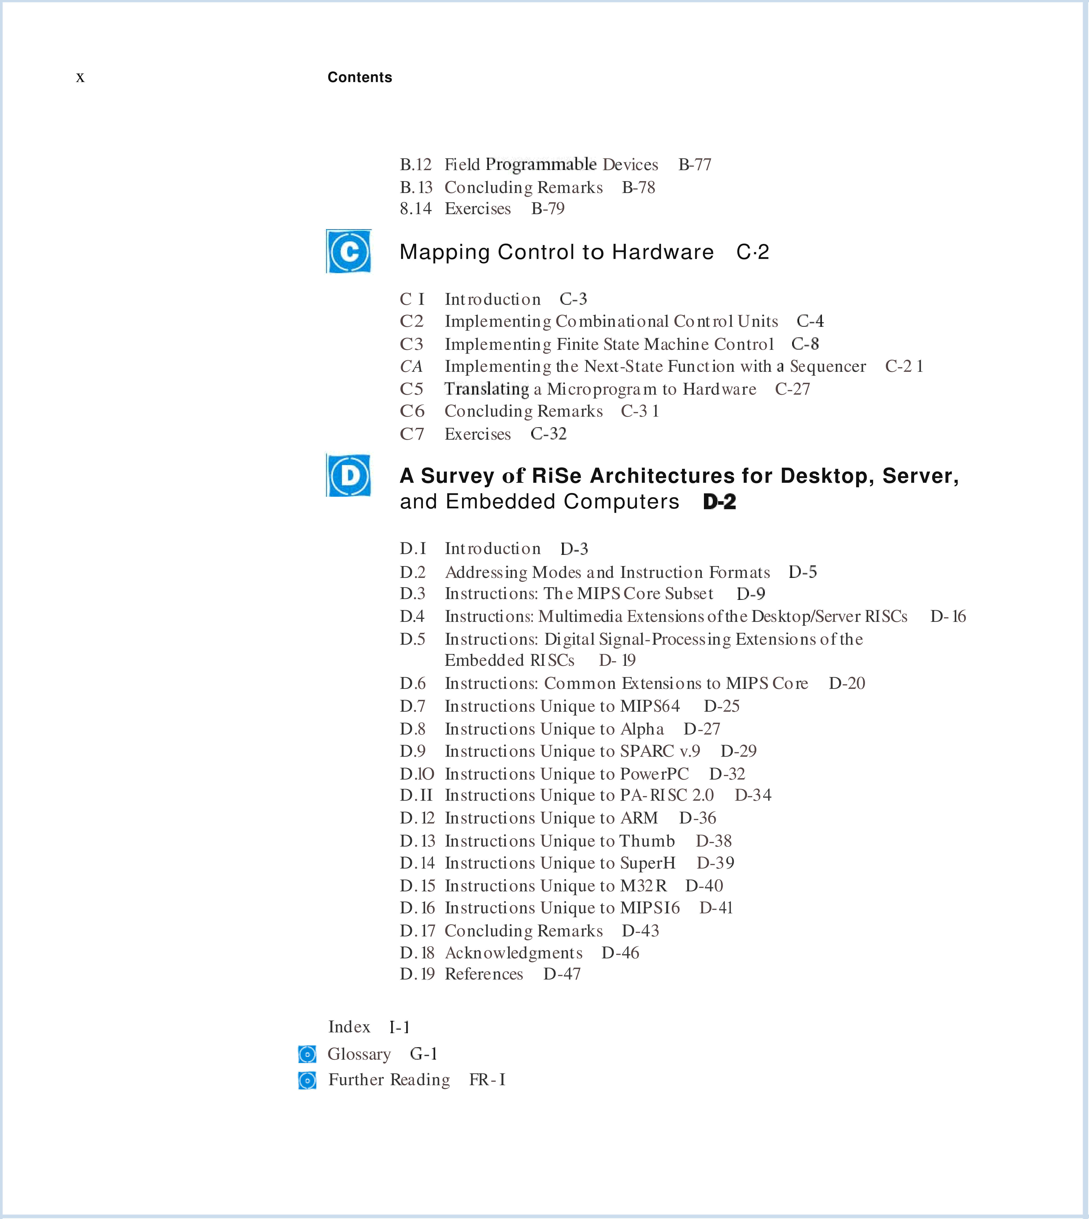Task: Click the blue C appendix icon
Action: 349,251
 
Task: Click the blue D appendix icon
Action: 349,476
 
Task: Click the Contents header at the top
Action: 360,77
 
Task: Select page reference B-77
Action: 695,164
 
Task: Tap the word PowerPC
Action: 655,774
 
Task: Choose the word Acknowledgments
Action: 513,953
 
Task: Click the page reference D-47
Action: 562,974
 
